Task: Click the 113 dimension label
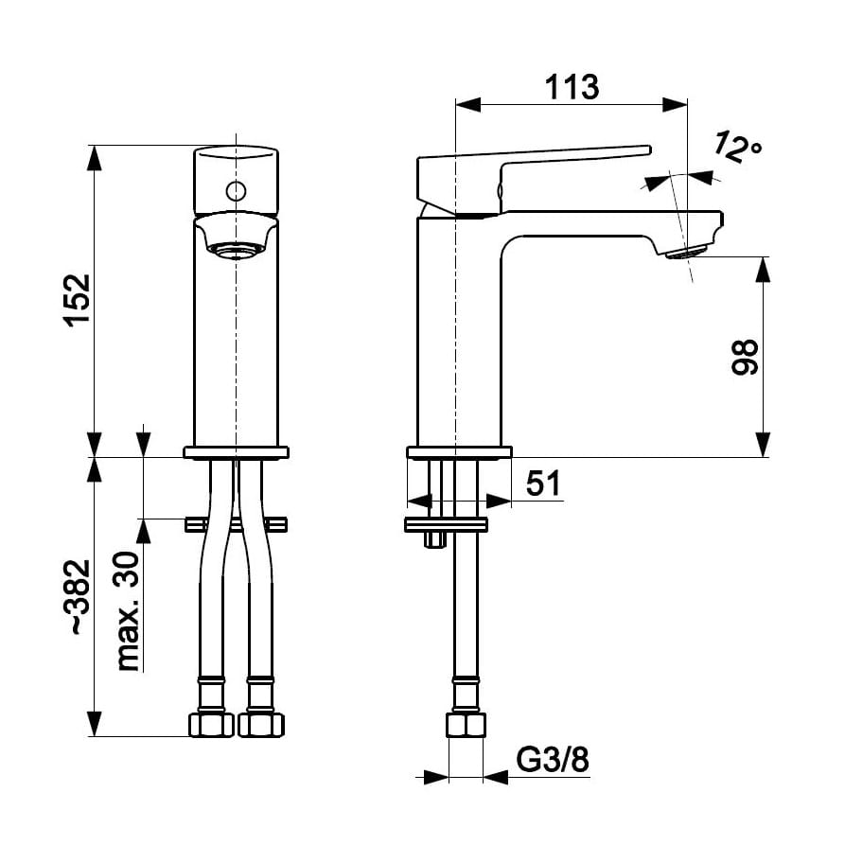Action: coord(572,87)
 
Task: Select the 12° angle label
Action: coord(737,147)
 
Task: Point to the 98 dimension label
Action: coord(746,357)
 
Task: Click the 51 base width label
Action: coord(543,484)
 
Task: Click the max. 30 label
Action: coord(126,610)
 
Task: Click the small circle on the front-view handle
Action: coord(235,191)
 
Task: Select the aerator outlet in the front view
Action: coord(235,251)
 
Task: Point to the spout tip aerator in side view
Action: coord(689,253)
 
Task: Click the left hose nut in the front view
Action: coord(211,725)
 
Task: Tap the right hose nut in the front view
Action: coord(261,725)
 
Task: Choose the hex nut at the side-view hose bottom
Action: coord(466,726)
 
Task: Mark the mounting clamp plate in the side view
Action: coord(446,524)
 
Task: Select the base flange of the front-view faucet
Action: coord(236,452)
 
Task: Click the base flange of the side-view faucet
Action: coord(459,452)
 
